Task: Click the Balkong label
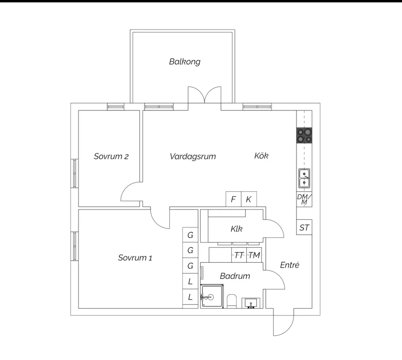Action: tap(185, 62)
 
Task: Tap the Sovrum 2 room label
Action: tap(111, 157)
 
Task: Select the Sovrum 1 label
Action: tap(135, 258)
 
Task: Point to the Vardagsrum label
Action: tap(192, 157)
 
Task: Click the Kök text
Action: tap(261, 156)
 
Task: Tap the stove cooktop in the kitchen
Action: tap(304, 135)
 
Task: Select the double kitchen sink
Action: tap(304, 179)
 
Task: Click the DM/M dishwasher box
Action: tap(304, 200)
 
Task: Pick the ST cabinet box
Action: tap(304, 227)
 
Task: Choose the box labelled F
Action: tap(233, 199)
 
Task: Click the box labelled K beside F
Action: tap(249, 199)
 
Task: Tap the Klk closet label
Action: tap(236, 229)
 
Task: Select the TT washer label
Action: tap(239, 255)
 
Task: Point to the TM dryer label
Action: tap(254, 255)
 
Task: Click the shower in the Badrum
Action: tap(212, 296)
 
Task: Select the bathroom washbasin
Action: tap(251, 303)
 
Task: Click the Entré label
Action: tap(289, 265)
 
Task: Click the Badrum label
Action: tap(235, 276)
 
